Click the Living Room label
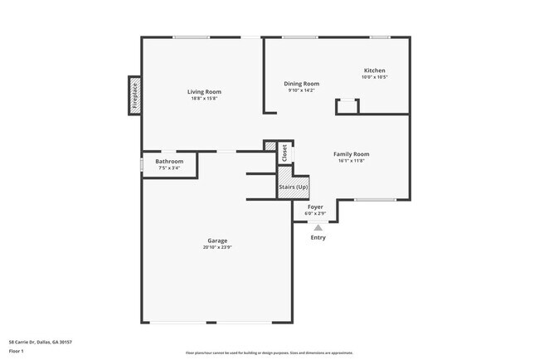tap(204, 91)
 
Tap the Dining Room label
tap(302, 84)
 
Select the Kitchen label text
tap(375, 71)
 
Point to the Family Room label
tap(351, 153)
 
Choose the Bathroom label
tap(169, 161)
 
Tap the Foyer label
tap(315, 207)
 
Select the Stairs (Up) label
tap(293, 187)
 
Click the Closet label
tap(284, 153)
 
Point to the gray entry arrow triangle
tap(318, 227)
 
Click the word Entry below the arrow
tap(318, 238)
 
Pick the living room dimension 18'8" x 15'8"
tap(204, 99)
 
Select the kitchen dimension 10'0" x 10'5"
tap(375, 77)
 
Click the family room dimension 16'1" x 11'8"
tap(351, 161)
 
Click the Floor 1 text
tap(16, 352)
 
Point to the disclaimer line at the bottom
tap(269, 353)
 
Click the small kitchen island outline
tap(347, 106)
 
